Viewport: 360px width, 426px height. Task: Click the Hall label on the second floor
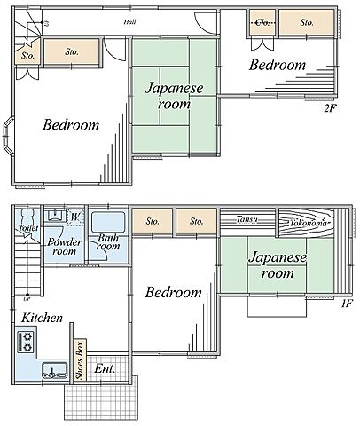point(129,21)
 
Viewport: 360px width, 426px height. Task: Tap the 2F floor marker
point(330,108)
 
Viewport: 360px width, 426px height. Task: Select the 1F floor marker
point(347,304)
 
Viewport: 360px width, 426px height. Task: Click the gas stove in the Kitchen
point(26,342)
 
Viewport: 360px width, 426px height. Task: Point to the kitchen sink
point(54,371)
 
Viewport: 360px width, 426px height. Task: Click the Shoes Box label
point(80,360)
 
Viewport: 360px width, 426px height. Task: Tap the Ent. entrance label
point(105,368)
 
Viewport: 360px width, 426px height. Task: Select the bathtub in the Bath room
point(108,222)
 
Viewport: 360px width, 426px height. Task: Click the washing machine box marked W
point(75,217)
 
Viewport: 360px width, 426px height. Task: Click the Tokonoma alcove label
point(308,223)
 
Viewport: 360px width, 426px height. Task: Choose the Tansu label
point(247,219)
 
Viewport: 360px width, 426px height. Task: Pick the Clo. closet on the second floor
point(262,22)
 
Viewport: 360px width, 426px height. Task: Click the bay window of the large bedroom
point(8,136)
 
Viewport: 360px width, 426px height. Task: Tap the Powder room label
point(65,247)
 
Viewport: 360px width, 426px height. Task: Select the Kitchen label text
point(42,318)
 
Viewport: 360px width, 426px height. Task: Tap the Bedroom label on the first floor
point(173,293)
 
